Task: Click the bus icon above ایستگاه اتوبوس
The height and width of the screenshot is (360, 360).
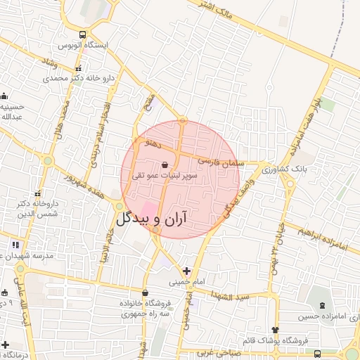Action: click(x=83, y=34)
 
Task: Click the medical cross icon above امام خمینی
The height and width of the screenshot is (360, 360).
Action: click(x=186, y=271)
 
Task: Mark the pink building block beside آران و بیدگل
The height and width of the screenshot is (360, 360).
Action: click(x=150, y=210)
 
